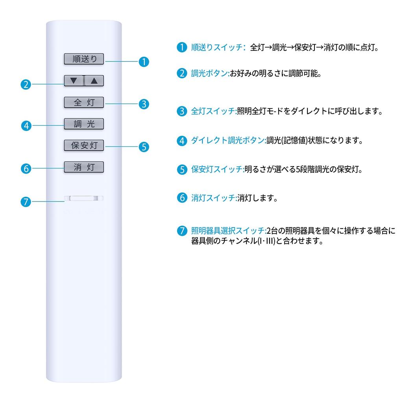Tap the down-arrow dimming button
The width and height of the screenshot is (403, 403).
[74, 81]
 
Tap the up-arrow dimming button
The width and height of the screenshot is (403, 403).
[94, 81]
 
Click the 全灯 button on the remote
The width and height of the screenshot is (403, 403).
[84, 103]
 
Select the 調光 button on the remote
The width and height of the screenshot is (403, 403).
[84, 124]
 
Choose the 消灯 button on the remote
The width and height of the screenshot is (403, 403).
[84, 167]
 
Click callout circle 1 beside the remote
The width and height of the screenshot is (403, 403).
[144, 61]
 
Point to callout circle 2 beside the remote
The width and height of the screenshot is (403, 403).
[26, 84]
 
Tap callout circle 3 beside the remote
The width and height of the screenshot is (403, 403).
[144, 104]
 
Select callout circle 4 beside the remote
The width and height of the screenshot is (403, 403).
[26, 126]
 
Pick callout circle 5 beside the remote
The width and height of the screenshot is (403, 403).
[144, 147]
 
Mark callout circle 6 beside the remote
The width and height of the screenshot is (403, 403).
[26, 168]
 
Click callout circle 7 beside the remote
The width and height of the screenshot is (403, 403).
[26, 202]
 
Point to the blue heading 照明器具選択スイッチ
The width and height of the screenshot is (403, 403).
[228, 231]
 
